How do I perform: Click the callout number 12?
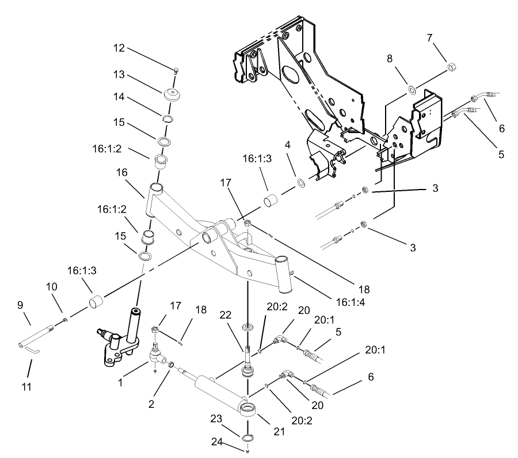pos(119,48)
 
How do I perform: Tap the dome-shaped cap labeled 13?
pos(172,94)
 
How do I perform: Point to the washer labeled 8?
pos(411,89)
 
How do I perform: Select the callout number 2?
pos(151,404)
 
